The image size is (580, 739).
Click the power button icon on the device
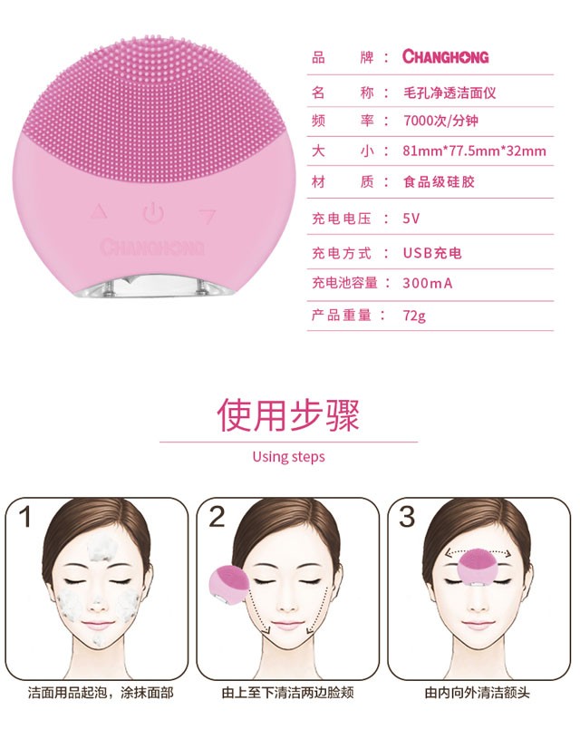(x=153, y=213)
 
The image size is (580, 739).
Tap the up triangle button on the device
(x=99, y=211)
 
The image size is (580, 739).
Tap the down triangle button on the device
(x=208, y=216)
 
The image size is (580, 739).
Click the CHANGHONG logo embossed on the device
(x=152, y=247)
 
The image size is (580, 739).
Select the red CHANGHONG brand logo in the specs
(x=445, y=56)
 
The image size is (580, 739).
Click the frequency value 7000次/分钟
(x=440, y=121)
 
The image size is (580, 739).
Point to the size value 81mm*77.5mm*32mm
(x=474, y=151)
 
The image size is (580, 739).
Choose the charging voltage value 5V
(x=411, y=219)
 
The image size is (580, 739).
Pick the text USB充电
(x=432, y=253)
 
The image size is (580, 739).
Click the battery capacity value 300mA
(x=428, y=283)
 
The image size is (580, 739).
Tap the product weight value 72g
(x=414, y=316)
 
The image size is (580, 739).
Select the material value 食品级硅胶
(x=439, y=181)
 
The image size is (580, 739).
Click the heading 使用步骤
(x=288, y=414)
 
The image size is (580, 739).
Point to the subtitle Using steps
(x=288, y=457)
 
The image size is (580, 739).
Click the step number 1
(x=25, y=517)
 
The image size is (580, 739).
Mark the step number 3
(x=407, y=517)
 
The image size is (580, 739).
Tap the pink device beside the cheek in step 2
(x=229, y=585)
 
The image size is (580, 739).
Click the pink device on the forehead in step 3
(x=477, y=567)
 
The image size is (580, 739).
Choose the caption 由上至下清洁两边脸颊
(x=288, y=693)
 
